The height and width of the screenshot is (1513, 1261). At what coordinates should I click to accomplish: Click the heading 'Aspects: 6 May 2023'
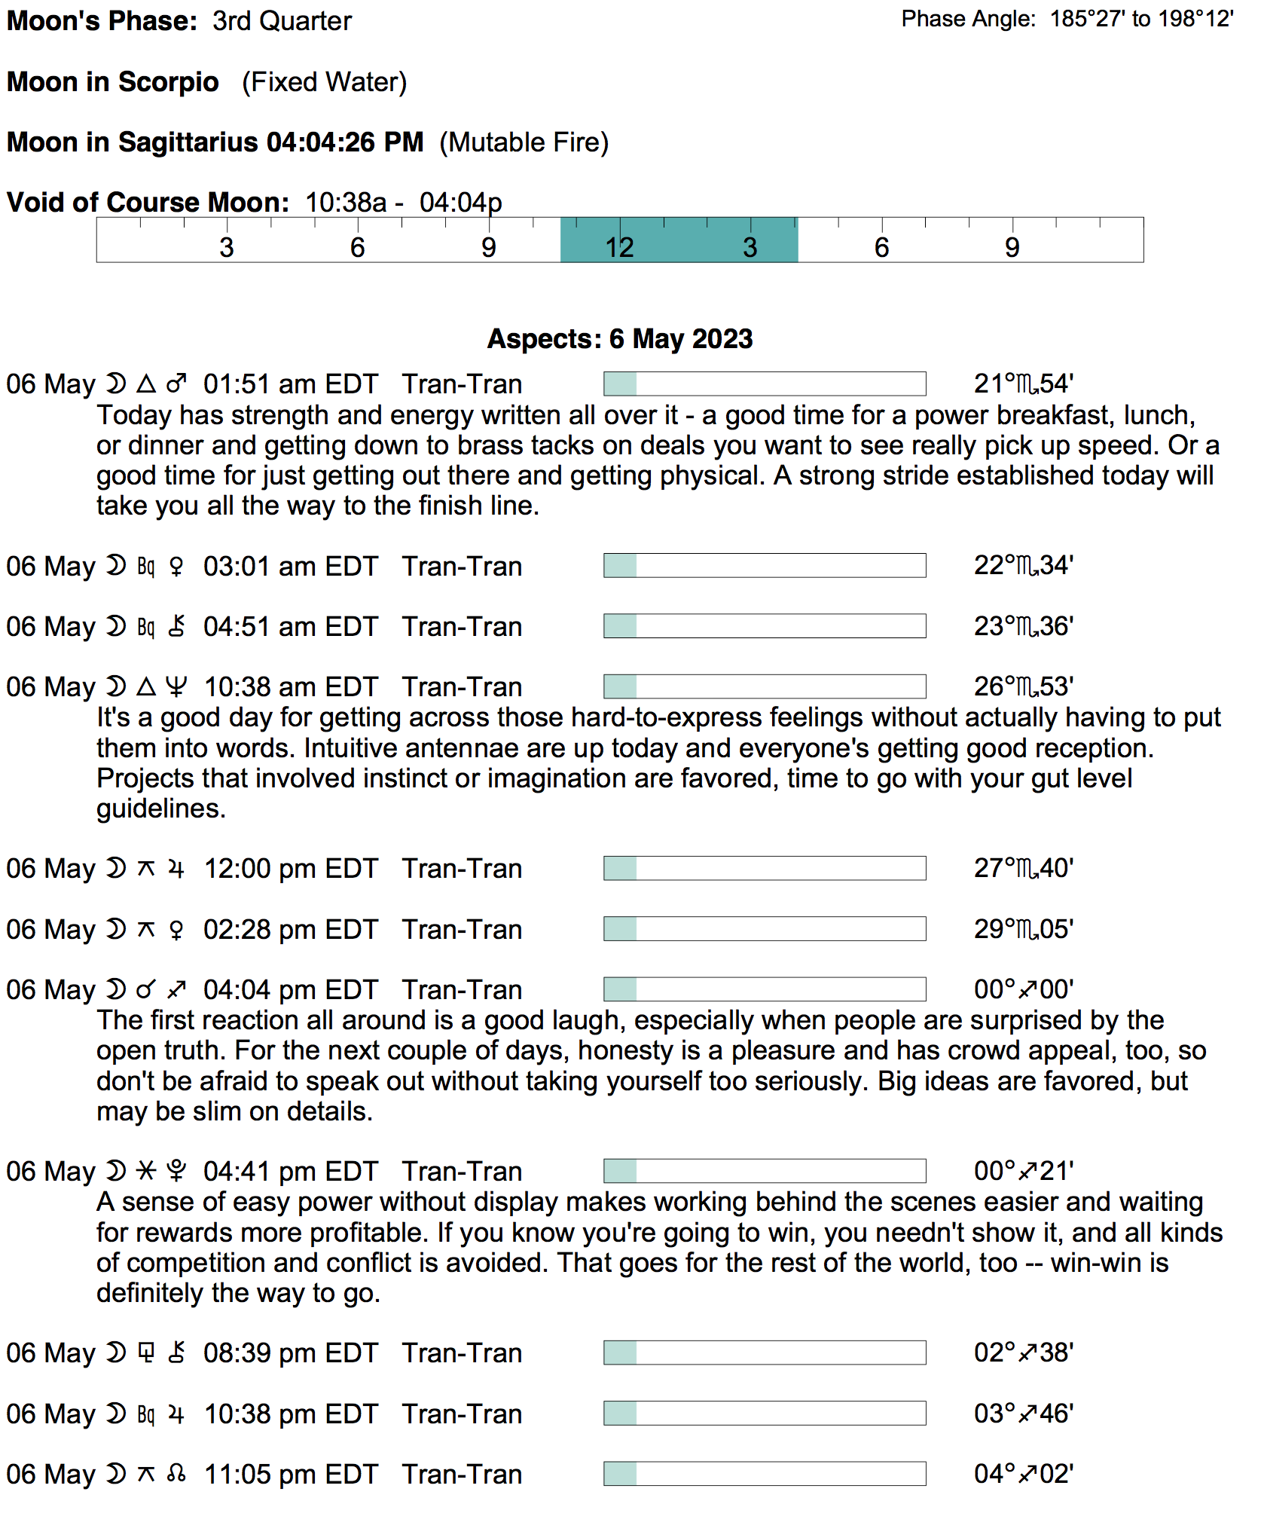(x=619, y=339)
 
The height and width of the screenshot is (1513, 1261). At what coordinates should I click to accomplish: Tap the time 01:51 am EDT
(x=290, y=384)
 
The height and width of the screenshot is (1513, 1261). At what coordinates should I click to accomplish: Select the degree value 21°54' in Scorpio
(x=1023, y=384)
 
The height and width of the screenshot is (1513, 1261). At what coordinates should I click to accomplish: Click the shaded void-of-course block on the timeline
(x=679, y=240)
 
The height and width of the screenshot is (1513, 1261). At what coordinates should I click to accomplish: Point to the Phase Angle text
(x=1067, y=19)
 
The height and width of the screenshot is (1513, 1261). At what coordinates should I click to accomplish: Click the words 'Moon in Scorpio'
(x=113, y=82)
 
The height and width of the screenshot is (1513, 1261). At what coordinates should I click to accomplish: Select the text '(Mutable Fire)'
(x=524, y=142)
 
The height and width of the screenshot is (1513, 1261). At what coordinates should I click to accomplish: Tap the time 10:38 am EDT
(x=290, y=687)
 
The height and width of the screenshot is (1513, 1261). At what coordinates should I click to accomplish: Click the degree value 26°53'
(x=1023, y=687)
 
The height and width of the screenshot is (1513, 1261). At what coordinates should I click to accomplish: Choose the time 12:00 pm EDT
(x=290, y=869)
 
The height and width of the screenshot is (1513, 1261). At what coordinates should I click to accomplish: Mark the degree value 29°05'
(x=1023, y=930)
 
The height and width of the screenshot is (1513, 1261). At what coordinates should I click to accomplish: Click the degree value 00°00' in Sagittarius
(x=1023, y=990)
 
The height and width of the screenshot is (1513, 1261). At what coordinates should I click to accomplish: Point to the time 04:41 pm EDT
(x=290, y=1172)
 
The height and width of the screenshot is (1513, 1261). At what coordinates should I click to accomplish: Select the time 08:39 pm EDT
(x=290, y=1353)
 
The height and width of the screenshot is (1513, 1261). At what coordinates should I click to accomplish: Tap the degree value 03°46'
(x=1023, y=1414)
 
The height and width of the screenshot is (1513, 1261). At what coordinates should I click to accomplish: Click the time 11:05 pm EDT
(x=290, y=1475)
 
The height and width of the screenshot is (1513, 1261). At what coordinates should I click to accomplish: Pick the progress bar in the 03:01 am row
(x=764, y=566)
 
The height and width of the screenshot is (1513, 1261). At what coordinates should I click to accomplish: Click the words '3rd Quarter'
(x=282, y=21)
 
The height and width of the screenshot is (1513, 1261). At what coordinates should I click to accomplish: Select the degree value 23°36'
(x=1023, y=627)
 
